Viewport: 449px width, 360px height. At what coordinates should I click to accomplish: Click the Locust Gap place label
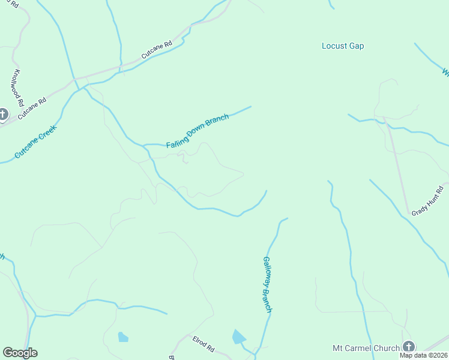(343, 46)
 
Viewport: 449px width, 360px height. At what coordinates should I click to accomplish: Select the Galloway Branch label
(268, 284)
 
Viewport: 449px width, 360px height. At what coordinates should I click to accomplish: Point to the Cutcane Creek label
(35, 142)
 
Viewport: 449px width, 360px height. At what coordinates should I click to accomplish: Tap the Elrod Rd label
(203, 344)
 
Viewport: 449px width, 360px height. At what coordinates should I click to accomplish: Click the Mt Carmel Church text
(366, 348)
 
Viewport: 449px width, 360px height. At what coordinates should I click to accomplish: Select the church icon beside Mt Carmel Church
(409, 347)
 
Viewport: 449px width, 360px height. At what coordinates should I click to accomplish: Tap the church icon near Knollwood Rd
(3, 114)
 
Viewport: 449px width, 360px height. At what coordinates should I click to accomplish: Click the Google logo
(20, 353)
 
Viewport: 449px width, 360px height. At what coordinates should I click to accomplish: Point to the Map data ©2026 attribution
(424, 355)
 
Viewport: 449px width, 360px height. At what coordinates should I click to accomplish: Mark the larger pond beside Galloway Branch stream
(239, 337)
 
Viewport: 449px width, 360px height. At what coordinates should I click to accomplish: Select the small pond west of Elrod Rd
(123, 337)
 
